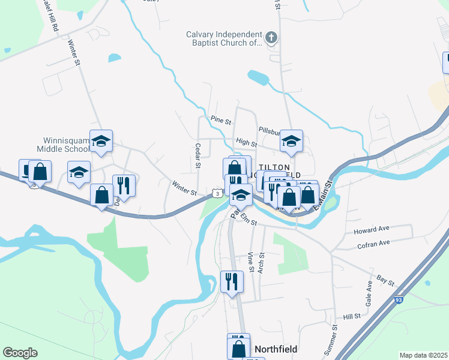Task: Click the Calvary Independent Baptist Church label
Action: pos(223,39)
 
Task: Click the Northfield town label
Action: pos(276,349)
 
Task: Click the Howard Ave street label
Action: pos(373,230)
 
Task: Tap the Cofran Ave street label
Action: pos(373,243)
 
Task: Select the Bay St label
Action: pos(385,280)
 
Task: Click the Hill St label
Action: pos(352,316)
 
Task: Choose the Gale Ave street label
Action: pos(369,296)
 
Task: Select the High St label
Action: pos(246,143)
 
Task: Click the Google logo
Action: pos(20,353)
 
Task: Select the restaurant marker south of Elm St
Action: pos(231,281)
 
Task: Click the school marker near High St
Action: pos(291,142)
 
